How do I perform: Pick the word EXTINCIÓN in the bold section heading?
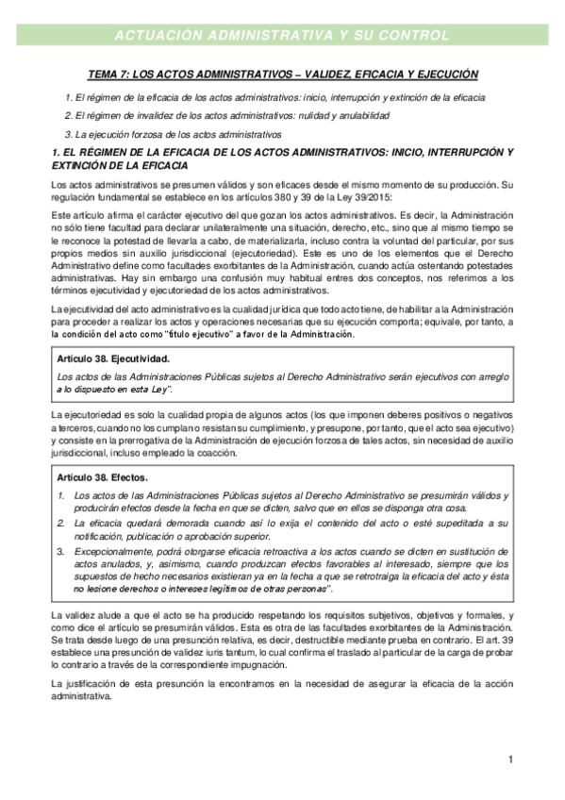[84, 166]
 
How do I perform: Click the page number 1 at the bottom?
[509, 759]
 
